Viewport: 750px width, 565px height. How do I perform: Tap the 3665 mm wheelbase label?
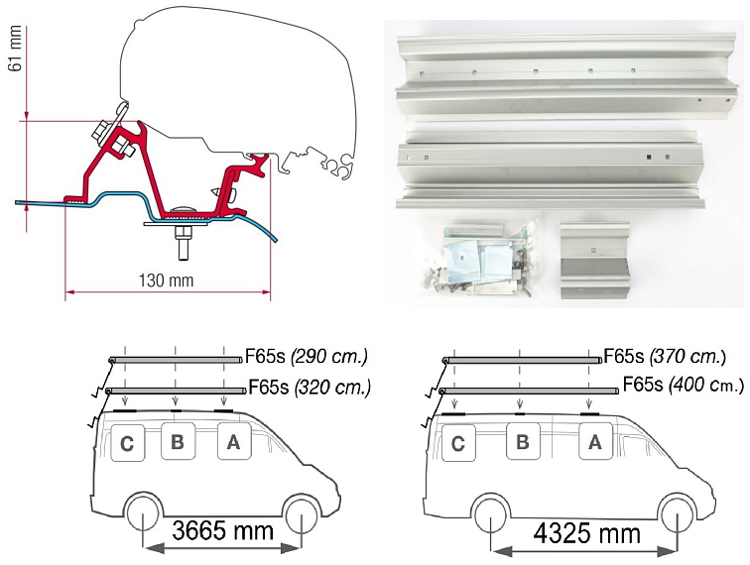[x=222, y=529]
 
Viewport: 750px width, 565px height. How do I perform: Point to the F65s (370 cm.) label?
[x=664, y=355]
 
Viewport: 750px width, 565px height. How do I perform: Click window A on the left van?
[x=233, y=443]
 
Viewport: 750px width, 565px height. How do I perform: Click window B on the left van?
[x=177, y=443]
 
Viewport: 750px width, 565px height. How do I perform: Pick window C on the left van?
[x=127, y=444]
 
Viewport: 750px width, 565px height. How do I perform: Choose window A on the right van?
[x=594, y=443]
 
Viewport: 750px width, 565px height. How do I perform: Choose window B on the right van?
[x=521, y=443]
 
